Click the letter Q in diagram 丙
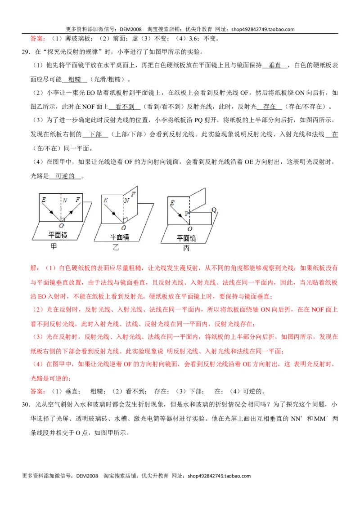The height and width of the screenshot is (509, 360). click(x=214, y=210)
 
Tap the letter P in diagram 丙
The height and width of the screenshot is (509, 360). click(x=186, y=213)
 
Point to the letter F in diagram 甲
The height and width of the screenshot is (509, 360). click(x=78, y=200)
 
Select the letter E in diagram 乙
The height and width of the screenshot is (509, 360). click(x=105, y=200)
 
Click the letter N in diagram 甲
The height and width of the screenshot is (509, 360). click(x=65, y=200)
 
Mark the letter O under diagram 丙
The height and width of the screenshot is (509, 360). click(x=190, y=229)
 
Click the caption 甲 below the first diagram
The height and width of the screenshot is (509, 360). click(x=54, y=246)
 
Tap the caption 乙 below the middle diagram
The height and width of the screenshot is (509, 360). click(x=116, y=247)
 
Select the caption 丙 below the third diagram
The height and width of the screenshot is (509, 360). click(x=186, y=248)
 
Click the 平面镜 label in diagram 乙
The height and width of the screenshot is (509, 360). click(x=120, y=237)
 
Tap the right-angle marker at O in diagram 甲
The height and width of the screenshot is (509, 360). click(x=63, y=220)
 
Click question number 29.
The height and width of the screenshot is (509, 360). click(x=26, y=52)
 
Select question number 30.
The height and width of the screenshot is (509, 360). click(x=26, y=405)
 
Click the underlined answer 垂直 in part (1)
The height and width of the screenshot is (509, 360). click(x=274, y=65)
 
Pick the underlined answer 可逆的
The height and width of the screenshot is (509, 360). click(x=65, y=176)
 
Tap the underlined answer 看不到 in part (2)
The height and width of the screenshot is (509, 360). click(x=125, y=107)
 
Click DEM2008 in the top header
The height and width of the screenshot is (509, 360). click(x=130, y=29)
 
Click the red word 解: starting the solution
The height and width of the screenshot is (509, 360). click(x=35, y=268)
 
